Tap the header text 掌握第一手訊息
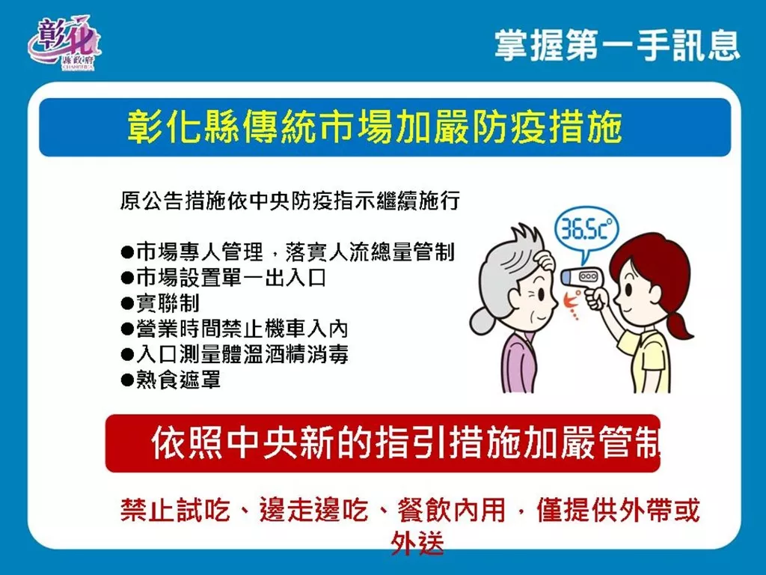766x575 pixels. click(x=617, y=46)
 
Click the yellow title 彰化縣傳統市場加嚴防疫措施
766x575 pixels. click(x=375, y=127)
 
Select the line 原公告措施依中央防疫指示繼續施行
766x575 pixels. click(x=289, y=201)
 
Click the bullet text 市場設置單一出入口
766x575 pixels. click(x=231, y=278)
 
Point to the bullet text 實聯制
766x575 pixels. click(x=168, y=303)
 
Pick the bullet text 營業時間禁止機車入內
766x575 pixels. click(x=242, y=329)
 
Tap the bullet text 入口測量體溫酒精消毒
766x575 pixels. click(x=242, y=354)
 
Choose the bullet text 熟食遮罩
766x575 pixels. click(x=178, y=380)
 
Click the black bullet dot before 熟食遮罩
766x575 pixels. click(x=127, y=380)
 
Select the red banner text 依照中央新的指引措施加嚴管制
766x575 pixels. click(x=405, y=443)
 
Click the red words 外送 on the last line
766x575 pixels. click(x=417, y=544)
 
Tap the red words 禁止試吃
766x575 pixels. click(x=174, y=510)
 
